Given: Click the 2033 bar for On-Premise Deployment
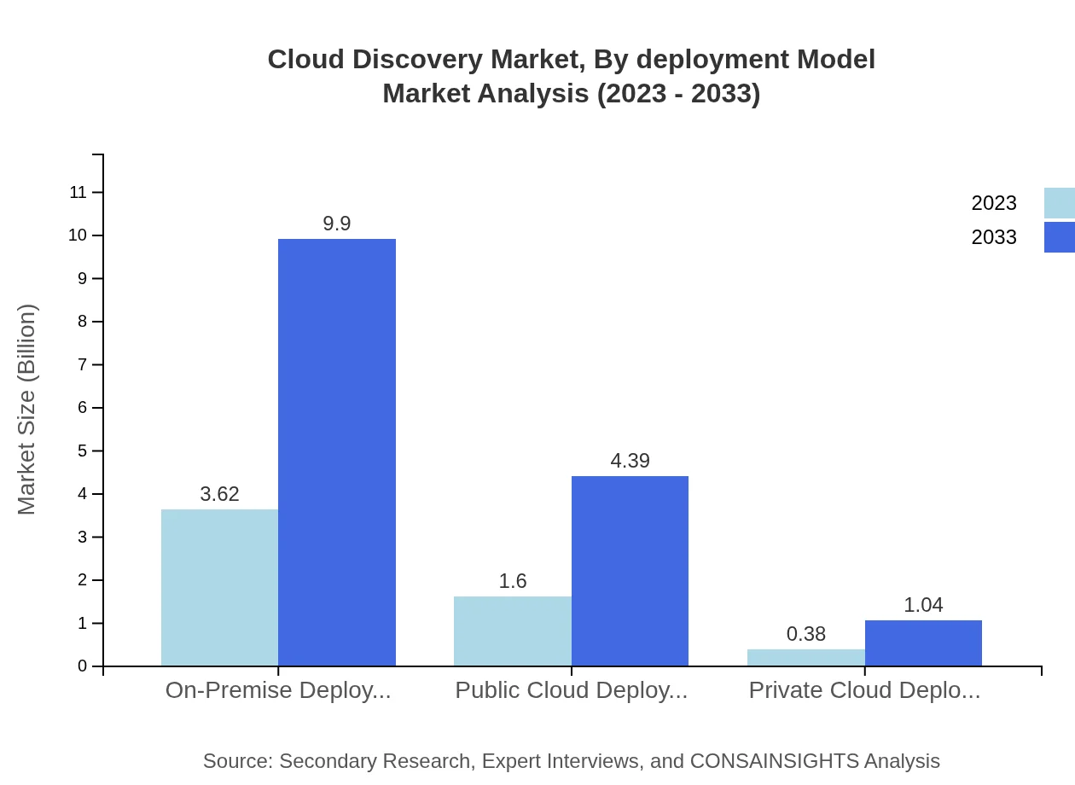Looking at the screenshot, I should pos(337,452).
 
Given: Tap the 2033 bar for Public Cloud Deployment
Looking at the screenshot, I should pos(630,571).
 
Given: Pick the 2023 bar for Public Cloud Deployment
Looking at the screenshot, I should pos(512,631).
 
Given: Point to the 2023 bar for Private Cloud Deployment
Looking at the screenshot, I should pos(805,657).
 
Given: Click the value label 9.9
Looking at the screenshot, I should pos(337,224).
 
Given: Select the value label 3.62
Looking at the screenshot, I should pos(219,494).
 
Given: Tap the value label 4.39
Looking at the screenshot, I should pos(630,461).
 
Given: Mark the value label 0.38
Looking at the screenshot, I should pos(805,634).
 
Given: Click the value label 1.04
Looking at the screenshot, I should pos(923,605).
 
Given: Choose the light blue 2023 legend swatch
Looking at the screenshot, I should pos(1059,203).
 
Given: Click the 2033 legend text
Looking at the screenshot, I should pos(993,237).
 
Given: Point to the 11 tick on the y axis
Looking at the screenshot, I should pos(78,192).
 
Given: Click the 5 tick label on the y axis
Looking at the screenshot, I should pos(83,451).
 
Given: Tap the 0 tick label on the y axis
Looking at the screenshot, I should pos(83,666).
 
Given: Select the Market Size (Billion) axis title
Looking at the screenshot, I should pos(26,410).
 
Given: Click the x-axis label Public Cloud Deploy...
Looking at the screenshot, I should pos(571,690).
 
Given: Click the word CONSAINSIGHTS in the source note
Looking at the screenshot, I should pos(773,761).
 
